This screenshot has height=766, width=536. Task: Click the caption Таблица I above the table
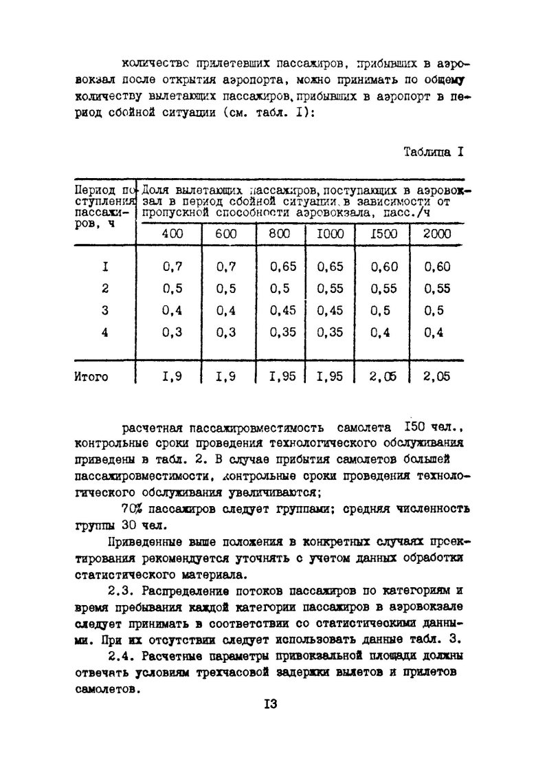pyautogui.click(x=434, y=152)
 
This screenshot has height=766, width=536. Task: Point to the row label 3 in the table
pyautogui.click(x=105, y=309)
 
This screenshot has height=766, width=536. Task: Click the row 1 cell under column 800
pyautogui.click(x=283, y=267)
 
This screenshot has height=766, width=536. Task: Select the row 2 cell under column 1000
pyautogui.click(x=330, y=289)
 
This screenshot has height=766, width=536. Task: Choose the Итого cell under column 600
pyautogui.click(x=226, y=376)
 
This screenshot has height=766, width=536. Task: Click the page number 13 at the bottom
pyautogui.click(x=269, y=704)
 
